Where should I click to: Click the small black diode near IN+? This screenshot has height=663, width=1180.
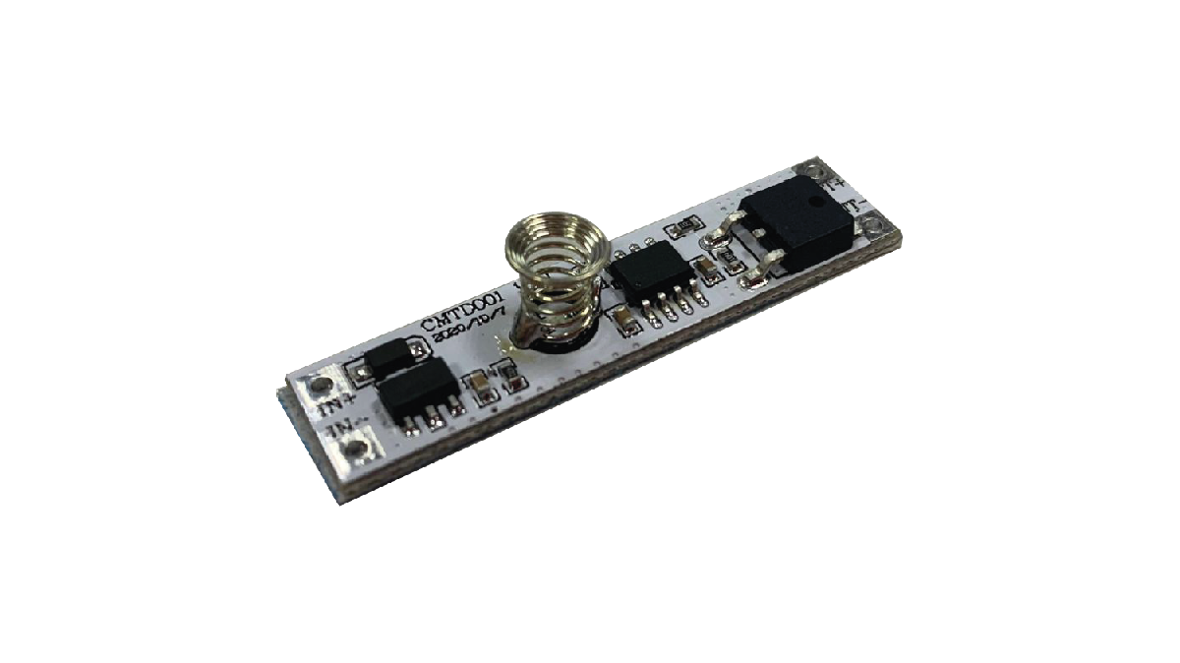(x=390, y=359)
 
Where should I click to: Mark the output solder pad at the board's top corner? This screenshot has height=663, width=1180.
(x=811, y=170)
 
